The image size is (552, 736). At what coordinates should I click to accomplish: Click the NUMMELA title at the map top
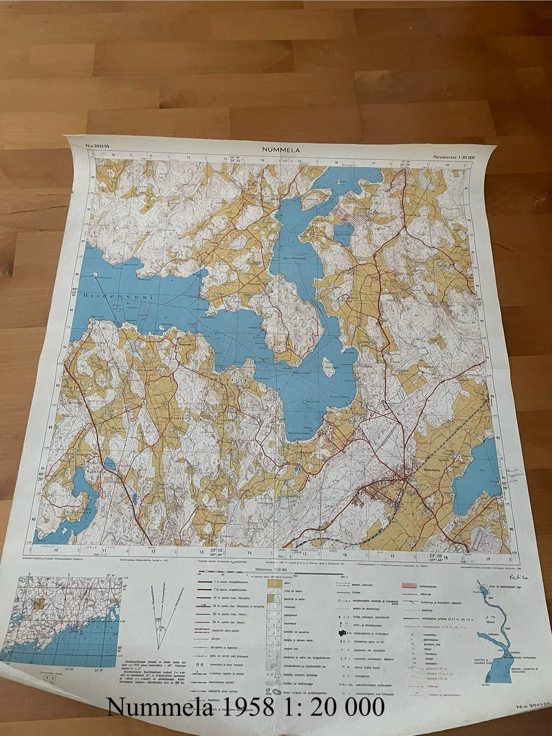click(282, 150)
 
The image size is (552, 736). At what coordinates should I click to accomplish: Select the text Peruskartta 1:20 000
click(453, 157)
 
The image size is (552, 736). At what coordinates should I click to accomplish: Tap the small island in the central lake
click(328, 367)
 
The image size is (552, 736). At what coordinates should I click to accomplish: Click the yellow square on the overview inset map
click(39, 604)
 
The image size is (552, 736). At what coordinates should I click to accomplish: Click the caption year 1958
click(251, 706)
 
